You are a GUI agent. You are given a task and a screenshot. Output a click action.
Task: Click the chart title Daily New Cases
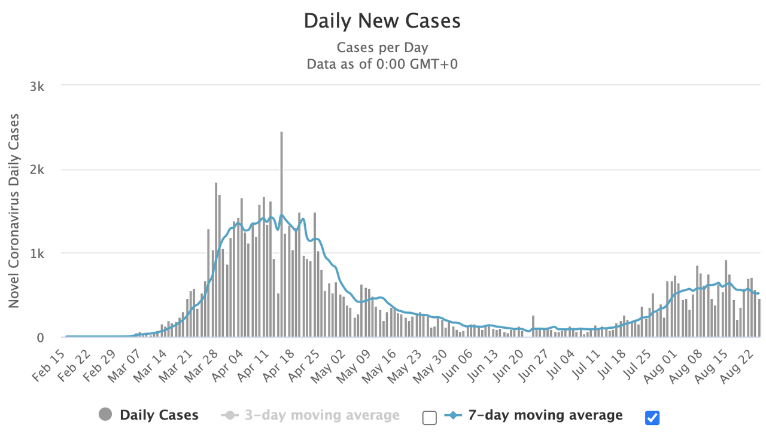[x=382, y=21]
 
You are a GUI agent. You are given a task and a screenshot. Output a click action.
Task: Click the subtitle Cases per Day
[x=382, y=48]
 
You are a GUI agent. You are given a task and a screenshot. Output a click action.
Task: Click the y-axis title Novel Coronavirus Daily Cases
[x=14, y=210]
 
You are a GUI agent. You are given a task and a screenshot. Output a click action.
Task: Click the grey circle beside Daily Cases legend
[x=105, y=415]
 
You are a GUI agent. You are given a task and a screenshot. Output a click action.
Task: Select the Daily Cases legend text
[x=159, y=415]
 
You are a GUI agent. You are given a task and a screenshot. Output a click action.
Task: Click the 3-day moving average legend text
[x=322, y=415]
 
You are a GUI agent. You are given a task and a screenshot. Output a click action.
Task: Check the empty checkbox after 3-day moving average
[x=429, y=417]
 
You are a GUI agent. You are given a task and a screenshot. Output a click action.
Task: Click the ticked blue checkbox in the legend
[x=652, y=417]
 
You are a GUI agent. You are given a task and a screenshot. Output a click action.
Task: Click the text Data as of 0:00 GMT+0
[x=382, y=64]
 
